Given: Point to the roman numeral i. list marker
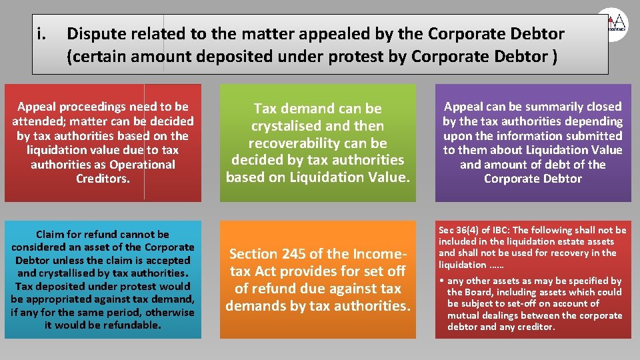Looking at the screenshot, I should pos(43,33).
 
